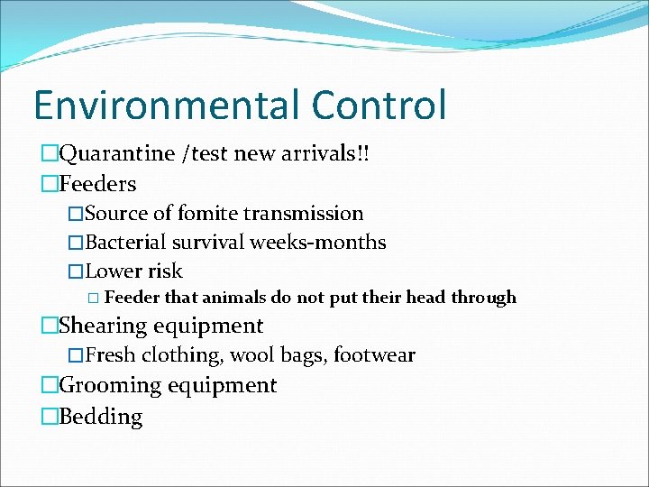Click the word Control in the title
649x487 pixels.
click(x=379, y=105)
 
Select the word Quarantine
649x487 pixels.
click(x=117, y=154)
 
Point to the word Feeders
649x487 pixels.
click(x=97, y=185)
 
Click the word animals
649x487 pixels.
click(x=234, y=298)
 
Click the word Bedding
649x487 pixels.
click(x=101, y=418)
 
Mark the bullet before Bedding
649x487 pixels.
click(x=49, y=418)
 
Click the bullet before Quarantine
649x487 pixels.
click(x=49, y=154)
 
